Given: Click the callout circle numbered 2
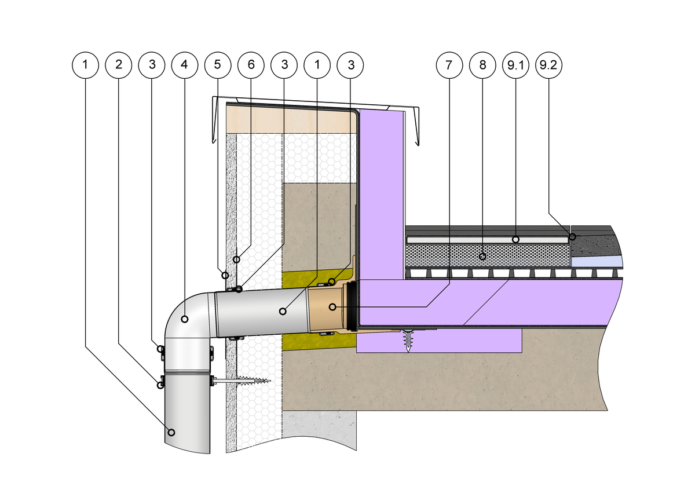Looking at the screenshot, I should (119, 65).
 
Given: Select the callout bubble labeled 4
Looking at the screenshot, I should (184, 65).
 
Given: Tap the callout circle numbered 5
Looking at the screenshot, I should (218, 65).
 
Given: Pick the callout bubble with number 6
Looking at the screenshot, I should (251, 65).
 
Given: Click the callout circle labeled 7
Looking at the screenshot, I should (448, 65).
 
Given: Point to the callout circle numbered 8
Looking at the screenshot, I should (482, 65).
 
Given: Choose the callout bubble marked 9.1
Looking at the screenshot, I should (515, 65).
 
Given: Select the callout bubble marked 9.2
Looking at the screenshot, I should (548, 65).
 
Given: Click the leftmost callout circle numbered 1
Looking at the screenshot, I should (86, 65).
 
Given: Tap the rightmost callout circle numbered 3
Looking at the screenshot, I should (350, 65).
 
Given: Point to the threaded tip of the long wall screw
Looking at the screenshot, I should (267, 381).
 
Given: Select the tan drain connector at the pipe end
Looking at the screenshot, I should (325, 307).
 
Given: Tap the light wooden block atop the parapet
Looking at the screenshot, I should (290, 119).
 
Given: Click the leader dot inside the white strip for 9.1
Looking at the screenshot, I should (515, 239).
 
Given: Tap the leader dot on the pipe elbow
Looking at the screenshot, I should (184, 319).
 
